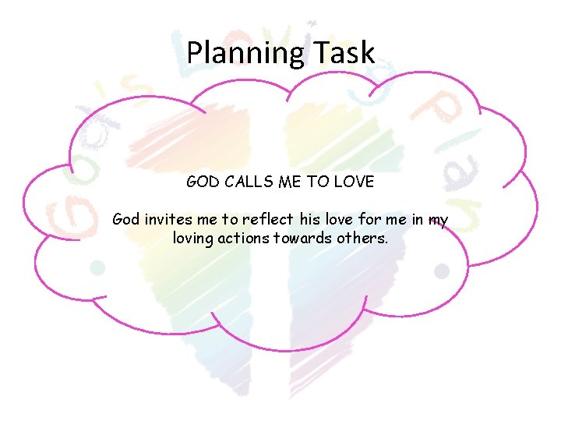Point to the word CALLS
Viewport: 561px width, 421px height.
coord(251,182)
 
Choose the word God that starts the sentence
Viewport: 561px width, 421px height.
coord(126,220)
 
